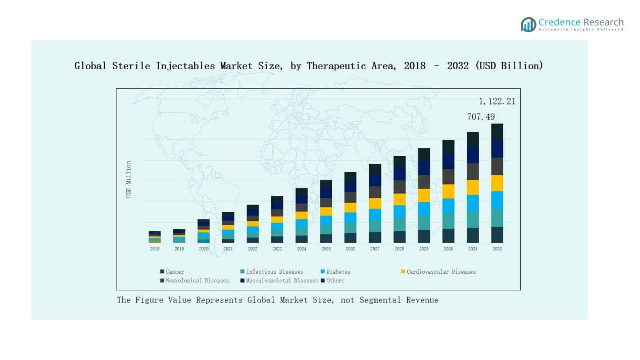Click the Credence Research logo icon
pos(528,24)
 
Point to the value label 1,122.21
pos(497,101)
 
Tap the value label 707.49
pos(481,117)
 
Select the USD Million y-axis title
pos(129,179)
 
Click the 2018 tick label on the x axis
pos(155,249)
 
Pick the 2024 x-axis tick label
pos(302,249)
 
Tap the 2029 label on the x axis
pos(424,249)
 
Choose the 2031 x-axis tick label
pos(472,249)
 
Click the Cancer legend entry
pos(175,272)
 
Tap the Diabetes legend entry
pos(338,272)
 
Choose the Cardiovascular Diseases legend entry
pos(441,272)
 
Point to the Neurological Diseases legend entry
pos(197,280)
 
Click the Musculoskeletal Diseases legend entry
pos(282,280)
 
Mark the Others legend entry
pos(335,280)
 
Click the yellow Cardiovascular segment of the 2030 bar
pos(448,191)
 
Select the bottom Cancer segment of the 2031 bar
pos(472,235)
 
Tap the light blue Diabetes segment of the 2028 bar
pos(399,212)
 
